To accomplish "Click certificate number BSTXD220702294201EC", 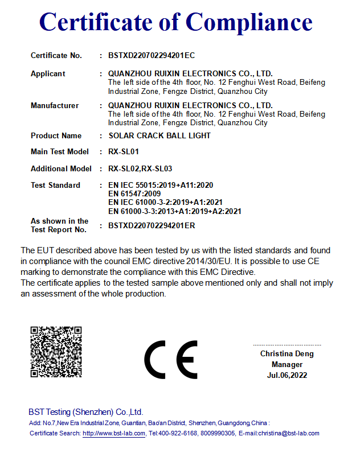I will pos(152,56).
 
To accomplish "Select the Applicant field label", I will pos(48,74).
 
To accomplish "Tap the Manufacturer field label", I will pos(55,106).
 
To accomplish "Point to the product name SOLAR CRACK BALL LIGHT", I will pos(159,136).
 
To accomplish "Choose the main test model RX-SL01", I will pos(124,152).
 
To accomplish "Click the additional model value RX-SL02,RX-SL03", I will pos(140,169).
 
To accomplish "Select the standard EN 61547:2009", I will pos(134,194).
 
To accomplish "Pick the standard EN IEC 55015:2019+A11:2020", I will pos(161,186).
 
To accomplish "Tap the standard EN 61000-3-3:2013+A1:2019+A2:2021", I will pos(174,212).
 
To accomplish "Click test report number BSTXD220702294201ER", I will pos(152,226).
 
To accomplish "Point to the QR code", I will pos(56,352).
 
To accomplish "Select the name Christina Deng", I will pos(287,354).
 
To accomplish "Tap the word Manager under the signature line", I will pos(287,365).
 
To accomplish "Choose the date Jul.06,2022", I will pos(287,376).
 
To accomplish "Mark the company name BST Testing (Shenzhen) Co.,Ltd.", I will pos(86,412).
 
